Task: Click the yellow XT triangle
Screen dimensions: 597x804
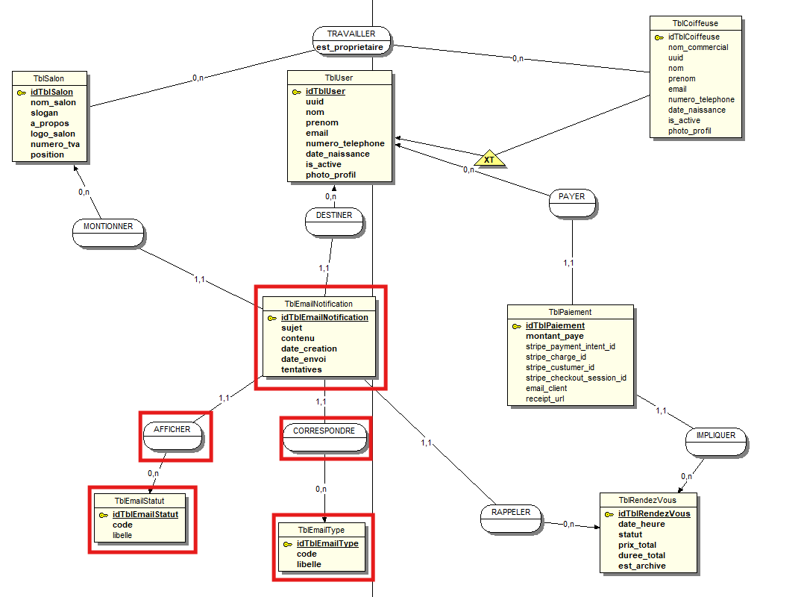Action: click(x=489, y=159)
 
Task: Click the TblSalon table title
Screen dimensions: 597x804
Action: click(x=49, y=78)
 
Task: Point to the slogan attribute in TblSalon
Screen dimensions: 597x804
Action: click(x=44, y=113)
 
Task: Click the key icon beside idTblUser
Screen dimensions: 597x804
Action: click(x=296, y=92)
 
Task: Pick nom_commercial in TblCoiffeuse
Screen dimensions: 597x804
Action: click(x=697, y=47)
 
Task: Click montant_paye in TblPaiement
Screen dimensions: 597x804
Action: click(x=554, y=336)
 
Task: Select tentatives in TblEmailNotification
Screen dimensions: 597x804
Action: click(x=301, y=369)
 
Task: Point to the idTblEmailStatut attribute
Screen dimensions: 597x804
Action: click(x=145, y=514)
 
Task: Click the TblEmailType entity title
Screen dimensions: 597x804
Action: click(x=321, y=530)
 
